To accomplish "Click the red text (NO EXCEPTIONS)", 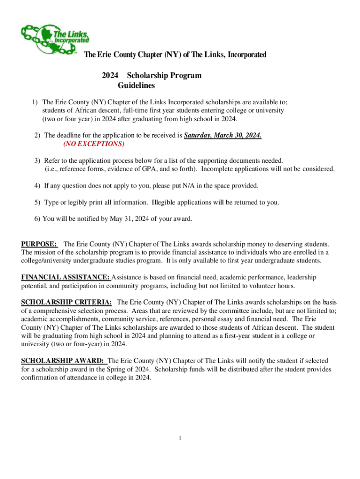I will tap(94, 144).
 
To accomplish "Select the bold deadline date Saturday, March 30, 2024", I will tap(223, 136).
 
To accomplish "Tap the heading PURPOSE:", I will tap(39, 244).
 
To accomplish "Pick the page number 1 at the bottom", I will tap(180, 438).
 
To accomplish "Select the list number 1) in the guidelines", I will tap(35, 102).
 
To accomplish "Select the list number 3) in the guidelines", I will tap(37, 160).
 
